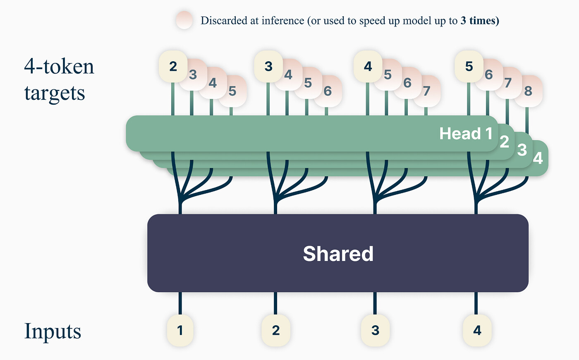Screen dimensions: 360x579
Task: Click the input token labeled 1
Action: point(180,330)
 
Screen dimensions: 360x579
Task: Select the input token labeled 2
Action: point(276,330)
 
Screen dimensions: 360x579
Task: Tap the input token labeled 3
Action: point(375,330)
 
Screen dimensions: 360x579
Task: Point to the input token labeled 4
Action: point(477,330)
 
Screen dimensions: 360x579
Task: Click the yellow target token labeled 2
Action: point(173,66)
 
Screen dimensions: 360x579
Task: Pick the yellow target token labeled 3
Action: point(268,66)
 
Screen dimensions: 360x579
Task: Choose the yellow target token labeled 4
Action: point(368,66)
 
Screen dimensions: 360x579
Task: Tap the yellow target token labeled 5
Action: point(469,66)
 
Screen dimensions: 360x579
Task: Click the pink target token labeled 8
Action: point(529,91)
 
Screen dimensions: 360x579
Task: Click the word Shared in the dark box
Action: point(338,254)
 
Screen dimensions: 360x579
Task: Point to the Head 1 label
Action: point(466,134)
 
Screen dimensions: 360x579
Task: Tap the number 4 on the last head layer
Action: point(538,158)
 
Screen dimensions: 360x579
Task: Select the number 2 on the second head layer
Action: point(504,142)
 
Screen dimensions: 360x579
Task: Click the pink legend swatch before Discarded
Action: point(184,20)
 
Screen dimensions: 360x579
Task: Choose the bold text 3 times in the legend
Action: point(480,21)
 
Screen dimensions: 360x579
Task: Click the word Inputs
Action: point(53,331)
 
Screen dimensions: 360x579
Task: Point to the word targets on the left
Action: point(55,93)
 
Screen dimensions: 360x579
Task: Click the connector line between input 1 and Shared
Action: point(180,303)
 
